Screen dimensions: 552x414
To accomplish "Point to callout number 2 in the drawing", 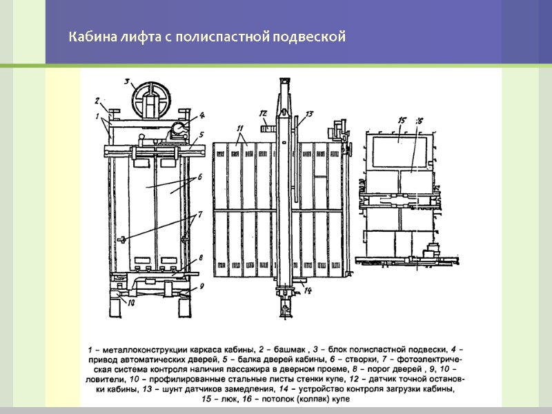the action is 98,99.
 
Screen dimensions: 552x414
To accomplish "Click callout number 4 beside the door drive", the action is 201,115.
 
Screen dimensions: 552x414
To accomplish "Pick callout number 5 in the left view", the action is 201,135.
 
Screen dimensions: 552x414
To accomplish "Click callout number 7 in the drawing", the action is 199,215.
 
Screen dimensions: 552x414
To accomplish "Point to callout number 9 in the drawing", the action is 201,285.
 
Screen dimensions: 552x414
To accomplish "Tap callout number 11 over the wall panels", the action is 240,128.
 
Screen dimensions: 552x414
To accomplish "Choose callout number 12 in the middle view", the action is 263,112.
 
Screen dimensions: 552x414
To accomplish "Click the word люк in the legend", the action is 232,398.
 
